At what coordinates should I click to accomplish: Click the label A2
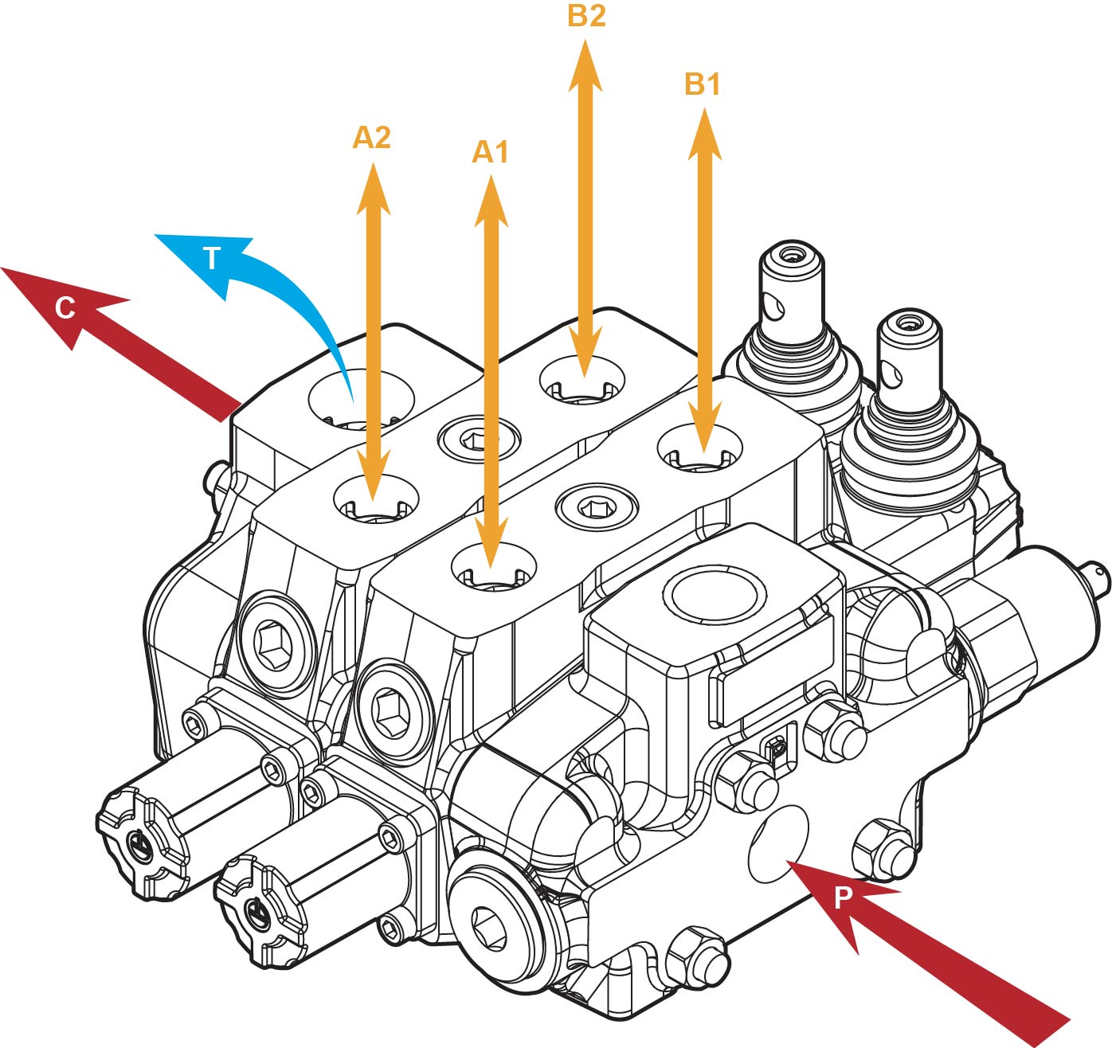coord(371,138)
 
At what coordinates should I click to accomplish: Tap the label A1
coord(490,151)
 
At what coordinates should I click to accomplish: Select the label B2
coord(586,16)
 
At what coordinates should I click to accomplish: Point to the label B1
coord(703,84)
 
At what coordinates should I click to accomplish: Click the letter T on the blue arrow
coord(211,258)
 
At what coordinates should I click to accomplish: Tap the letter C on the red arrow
coord(65,307)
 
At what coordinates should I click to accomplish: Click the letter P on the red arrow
coord(843,897)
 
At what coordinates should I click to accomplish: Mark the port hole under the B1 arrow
coord(699,448)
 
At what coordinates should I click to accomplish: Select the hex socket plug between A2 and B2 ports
coord(479,437)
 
